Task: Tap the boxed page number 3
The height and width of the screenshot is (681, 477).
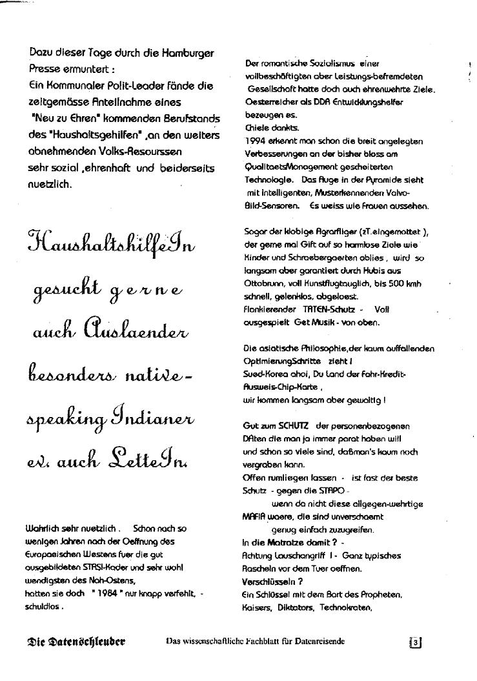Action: click(x=416, y=642)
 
